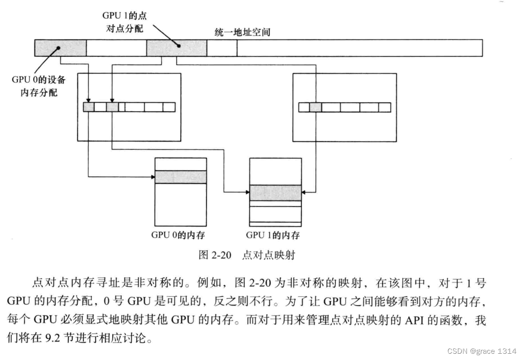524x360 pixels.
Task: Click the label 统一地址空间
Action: click(242, 32)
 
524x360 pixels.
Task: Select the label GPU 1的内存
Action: click(273, 235)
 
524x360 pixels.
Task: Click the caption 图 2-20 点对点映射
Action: click(247, 255)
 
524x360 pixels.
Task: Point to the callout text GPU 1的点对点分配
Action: click(125, 22)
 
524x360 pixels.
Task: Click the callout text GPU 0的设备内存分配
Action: click(39, 86)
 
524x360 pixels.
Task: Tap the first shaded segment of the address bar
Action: click(60, 48)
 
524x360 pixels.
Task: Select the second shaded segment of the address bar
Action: click(176, 48)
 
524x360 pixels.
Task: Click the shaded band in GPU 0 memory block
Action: click(181, 177)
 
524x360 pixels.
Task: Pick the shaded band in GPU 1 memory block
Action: click(275, 193)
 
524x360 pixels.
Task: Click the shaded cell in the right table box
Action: click(315, 107)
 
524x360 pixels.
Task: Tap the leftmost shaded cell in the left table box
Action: click(89, 107)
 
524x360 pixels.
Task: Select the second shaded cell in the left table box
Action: click(112, 107)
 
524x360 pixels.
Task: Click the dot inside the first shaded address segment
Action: click(58, 47)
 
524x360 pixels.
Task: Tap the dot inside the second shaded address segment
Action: click(179, 47)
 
